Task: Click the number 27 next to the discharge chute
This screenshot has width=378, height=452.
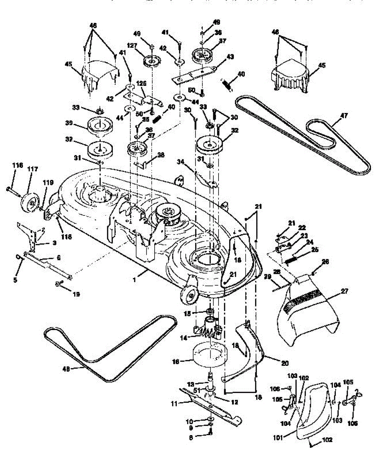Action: pyautogui.click(x=345, y=291)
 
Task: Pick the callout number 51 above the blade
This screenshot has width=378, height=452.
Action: pyautogui.click(x=199, y=389)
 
